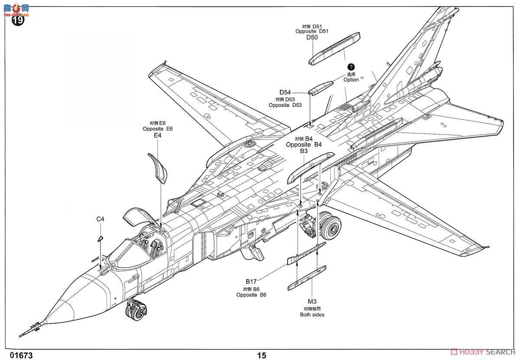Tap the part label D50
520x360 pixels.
point(312,38)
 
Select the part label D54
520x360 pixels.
point(285,92)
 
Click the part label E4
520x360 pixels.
point(157,135)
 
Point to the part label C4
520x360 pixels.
point(100,219)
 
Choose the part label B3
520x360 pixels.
point(304,151)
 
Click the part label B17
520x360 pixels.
point(251,281)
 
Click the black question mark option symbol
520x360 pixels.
point(351,67)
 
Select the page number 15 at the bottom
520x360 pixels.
point(261,356)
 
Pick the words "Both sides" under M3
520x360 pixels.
point(312,314)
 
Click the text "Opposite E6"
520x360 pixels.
point(157,129)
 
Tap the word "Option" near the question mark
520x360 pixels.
point(351,80)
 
